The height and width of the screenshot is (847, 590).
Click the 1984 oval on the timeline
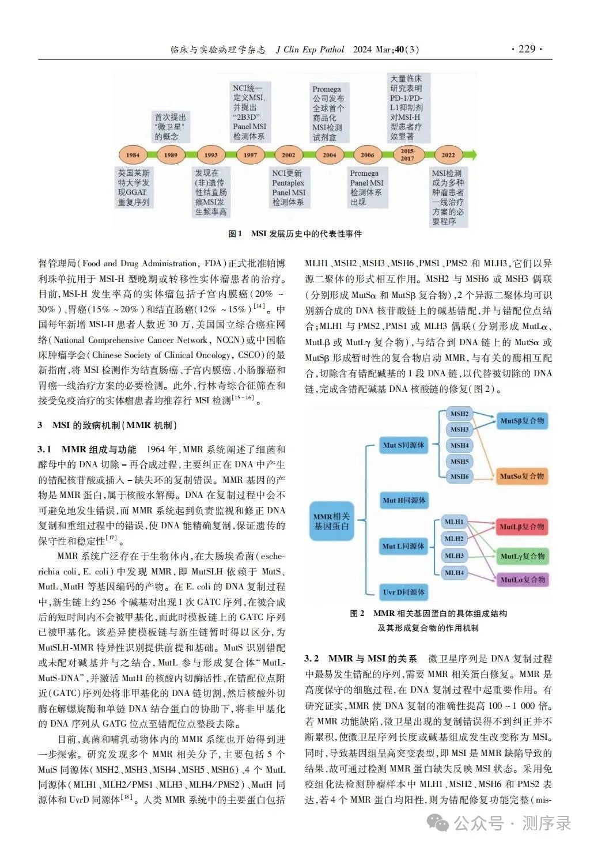click(133, 154)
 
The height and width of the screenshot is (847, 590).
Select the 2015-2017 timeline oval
click(407, 154)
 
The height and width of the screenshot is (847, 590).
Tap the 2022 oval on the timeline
click(448, 154)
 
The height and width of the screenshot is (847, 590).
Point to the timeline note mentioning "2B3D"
click(249, 112)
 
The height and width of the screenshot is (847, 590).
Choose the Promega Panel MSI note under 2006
click(366, 188)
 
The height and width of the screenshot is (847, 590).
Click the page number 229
click(527, 49)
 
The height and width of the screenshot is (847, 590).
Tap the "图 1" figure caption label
click(235, 234)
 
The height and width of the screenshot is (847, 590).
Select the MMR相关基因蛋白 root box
click(331, 521)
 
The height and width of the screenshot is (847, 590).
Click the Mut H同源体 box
click(404, 500)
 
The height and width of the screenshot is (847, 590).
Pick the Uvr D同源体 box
click(404, 592)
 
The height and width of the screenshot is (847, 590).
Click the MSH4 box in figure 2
click(459, 445)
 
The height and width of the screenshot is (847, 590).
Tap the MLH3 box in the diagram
click(454, 555)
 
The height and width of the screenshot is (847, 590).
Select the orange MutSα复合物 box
click(521, 476)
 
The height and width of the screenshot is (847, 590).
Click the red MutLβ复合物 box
click(521, 527)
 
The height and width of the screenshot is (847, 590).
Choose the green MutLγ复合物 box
click(521, 556)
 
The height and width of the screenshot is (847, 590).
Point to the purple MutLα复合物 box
click(521, 580)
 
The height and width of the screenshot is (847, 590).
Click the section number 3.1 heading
click(44, 449)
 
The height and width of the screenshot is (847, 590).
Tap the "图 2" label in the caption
click(357, 614)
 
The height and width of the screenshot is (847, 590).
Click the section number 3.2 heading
click(311, 659)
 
